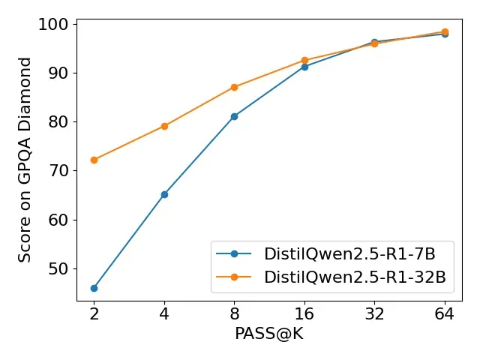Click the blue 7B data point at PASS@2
tap(94, 288)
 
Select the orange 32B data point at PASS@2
tap(94, 160)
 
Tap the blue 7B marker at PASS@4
tap(164, 194)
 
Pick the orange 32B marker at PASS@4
tap(164, 126)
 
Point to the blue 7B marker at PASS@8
tap(234, 116)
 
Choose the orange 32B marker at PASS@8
tap(234, 87)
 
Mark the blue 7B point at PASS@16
tap(304, 67)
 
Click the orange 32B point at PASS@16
tap(304, 60)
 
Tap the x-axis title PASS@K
tap(269, 334)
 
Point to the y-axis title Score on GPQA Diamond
tap(25, 160)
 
